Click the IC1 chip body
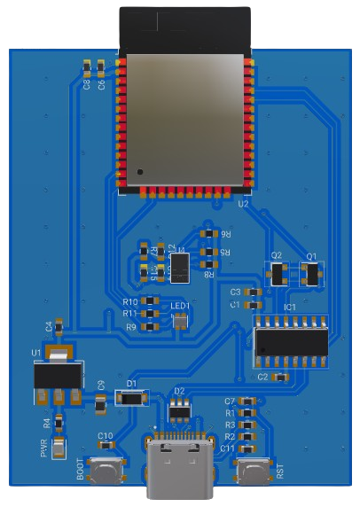pyautogui.click(x=291, y=341)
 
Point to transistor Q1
pyautogui.click(x=311, y=274)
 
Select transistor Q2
pyautogui.click(x=278, y=274)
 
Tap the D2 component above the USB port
pyautogui.click(x=180, y=409)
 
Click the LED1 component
pyautogui.click(x=180, y=319)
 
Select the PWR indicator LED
pyautogui.click(x=59, y=448)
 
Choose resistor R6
pyautogui.click(x=209, y=234)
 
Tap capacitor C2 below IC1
pyautogui.click(x=280, y=378)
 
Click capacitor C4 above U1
pyautogui.click(x=59, y=327)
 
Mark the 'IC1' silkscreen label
pyautogui.click(x=290, y=308)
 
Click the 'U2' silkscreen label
pyautogui.click(x=243, y=203)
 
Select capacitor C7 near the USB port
pyautogui.click(x=249, y=402)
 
